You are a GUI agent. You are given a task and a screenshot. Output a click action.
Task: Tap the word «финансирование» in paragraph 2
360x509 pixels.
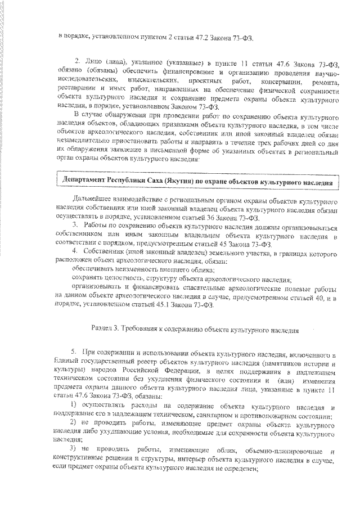tap(177, 74)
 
